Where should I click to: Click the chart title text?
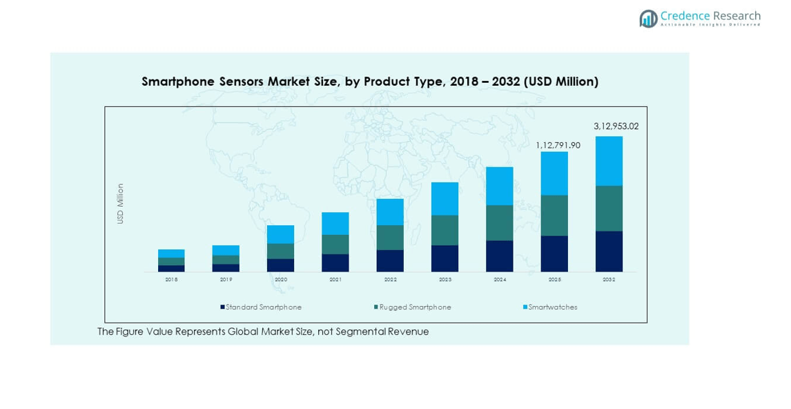tap(370, 82)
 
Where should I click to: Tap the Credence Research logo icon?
tap(648, 19)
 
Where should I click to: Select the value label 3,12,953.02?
tap(616, 126)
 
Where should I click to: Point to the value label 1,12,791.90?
tap(558, 145)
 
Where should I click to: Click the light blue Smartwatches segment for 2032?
tap(609, 161)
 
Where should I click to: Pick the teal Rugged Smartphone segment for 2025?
tap(554, 216)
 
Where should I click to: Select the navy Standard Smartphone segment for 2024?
tap(499, 256)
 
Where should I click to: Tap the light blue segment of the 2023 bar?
tap(445, 199)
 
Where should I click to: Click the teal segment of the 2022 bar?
tap(390, 238)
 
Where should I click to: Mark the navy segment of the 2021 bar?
tap(335, 263)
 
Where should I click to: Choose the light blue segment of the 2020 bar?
tap(280, 234)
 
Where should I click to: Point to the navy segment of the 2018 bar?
tap(171, 268)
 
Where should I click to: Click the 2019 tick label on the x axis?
tap(226, 280)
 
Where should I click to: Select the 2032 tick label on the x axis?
tap(609, 280)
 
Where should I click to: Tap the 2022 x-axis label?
tap(390, 280)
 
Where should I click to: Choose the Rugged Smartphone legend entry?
tap(415, 307)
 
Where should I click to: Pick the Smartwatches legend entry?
tap(552, 307)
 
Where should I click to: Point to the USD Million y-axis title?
tap(120, 203)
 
